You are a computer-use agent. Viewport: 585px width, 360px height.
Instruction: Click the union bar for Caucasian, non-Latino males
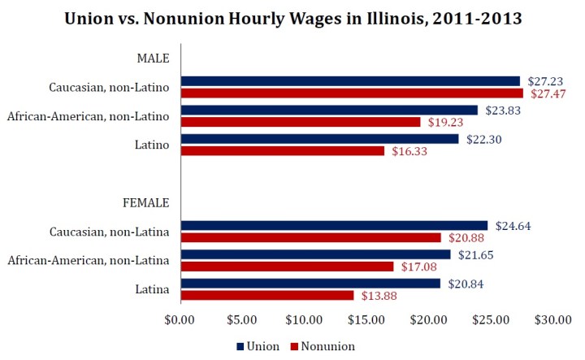pyautogui.click(x=349, y=81)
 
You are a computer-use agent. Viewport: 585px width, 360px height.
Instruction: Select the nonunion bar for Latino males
pyautogui.click(x=282, y=150)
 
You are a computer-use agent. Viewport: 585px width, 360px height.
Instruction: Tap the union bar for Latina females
pyautogui.click(x=310, y=284)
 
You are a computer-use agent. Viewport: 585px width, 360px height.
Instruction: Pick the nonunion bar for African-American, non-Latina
pyautogui.click(x=287, y=267)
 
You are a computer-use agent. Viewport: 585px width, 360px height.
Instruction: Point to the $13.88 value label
pyautogui.click(x=376, y=296)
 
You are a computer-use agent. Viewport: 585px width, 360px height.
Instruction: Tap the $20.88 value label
pyautogui.click(x=464, y=238)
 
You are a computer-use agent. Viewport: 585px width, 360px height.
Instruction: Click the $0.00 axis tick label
pyautogui.click(x=180, y=320)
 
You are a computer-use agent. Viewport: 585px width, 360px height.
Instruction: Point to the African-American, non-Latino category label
pyautogui.click(x=88, y=116)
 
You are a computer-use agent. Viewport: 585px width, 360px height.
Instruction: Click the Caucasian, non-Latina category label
pyautogui.click(x=109, y=232)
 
